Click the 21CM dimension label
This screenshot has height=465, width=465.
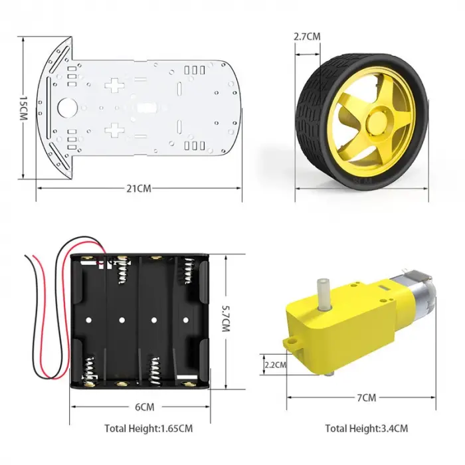coord(139,189)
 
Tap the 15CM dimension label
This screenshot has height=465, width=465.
coord(23,108)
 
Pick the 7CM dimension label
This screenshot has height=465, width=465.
coord(366,398)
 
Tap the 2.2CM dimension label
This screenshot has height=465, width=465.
coord(275,364)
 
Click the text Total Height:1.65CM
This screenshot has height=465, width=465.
coord(149,428)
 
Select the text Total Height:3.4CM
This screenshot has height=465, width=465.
coord(367,428)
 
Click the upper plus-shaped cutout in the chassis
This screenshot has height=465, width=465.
coord(116,85)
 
